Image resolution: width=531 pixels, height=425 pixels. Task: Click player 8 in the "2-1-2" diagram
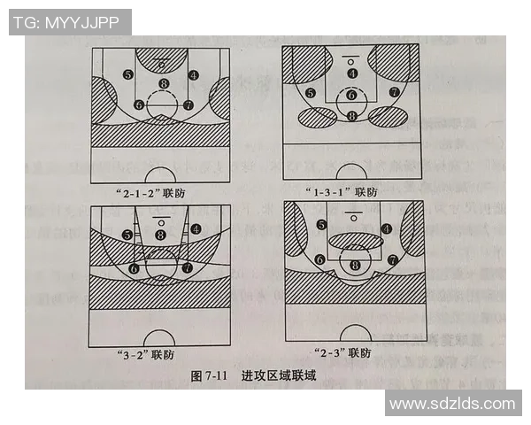[163, 84]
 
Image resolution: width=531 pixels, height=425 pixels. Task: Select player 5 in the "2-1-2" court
[128, 74]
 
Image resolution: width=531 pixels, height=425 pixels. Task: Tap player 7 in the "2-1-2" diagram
[188, 104]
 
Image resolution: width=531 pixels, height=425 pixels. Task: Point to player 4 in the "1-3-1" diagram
[352, 73]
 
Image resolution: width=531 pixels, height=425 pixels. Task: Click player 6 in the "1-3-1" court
[352, 95]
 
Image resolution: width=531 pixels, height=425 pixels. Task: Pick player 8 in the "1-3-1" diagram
[352, 116]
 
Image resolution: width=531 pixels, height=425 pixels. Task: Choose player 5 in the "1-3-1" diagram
[310, 92]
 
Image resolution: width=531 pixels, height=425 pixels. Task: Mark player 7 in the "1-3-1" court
[392, 92]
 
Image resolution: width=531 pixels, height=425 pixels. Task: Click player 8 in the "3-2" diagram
[160, 235]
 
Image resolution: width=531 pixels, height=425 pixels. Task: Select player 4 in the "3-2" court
[194, 229]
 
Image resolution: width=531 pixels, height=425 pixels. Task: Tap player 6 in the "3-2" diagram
[134, 267]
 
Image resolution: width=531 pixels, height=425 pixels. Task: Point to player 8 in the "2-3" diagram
[356, 265]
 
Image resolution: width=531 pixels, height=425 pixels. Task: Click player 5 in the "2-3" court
[321, 225]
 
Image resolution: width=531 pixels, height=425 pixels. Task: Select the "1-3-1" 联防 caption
[342, 190]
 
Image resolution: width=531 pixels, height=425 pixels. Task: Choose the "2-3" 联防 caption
[343, 354]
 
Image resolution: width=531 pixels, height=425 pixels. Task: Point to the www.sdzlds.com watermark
[452, 404]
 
